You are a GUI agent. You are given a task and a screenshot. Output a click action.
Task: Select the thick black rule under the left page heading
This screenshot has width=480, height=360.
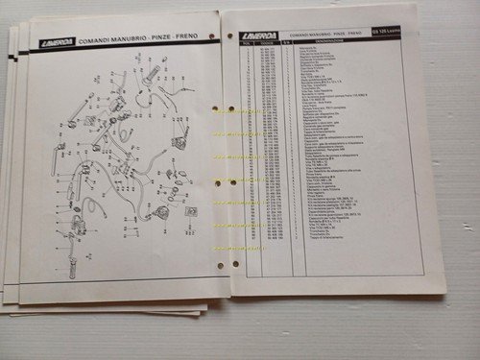pos(125,50)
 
